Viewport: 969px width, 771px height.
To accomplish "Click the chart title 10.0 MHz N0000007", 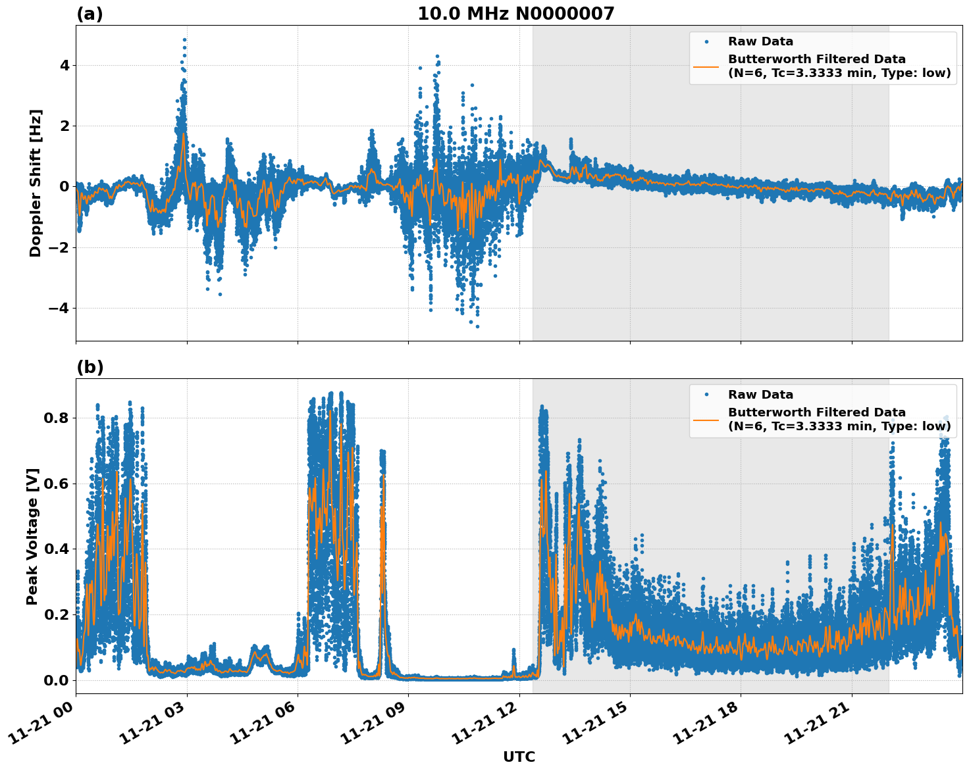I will click(515, 14).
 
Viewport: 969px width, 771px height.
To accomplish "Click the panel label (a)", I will click(90, 14).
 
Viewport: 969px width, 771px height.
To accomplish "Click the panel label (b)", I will click(90, 367).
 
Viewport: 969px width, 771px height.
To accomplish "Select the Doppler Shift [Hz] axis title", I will click(36, 183).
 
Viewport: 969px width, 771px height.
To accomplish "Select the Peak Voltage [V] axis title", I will click(32, 536).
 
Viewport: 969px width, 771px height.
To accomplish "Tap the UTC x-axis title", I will click(519, 757).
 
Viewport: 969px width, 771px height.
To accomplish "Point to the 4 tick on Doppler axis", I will click(64, 65).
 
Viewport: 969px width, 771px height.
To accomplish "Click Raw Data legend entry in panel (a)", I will click(760, 41).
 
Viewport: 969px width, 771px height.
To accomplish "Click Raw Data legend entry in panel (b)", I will click(760, 395).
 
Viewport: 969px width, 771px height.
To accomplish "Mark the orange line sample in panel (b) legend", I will click(706, 419).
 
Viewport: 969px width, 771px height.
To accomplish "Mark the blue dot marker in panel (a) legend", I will click(706, 41).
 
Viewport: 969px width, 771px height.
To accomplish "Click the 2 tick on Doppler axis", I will click(64, 126).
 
